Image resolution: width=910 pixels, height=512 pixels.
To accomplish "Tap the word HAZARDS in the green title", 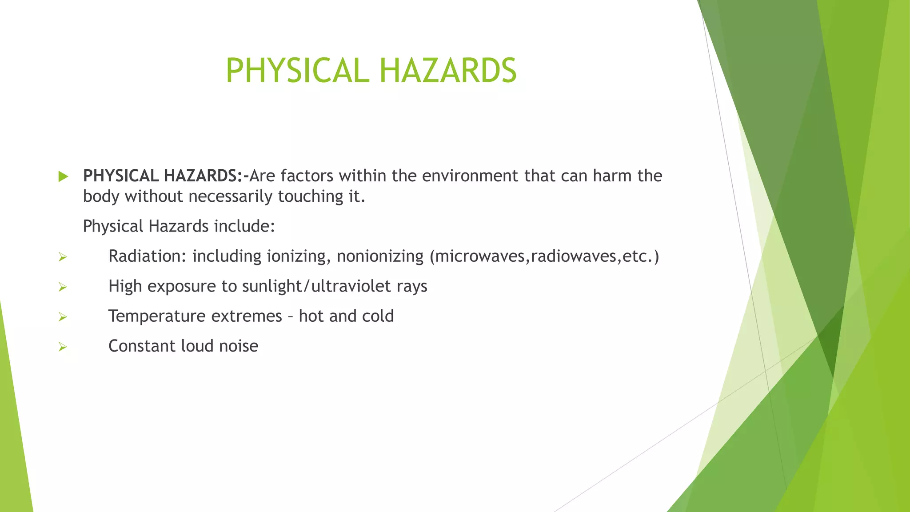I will (x=448, y=71).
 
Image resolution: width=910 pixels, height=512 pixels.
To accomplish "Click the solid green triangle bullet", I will (x=63, y=176).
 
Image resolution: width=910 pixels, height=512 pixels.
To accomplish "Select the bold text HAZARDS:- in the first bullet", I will (x=206, y=176).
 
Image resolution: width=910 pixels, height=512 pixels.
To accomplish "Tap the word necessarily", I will (x=230, y=196).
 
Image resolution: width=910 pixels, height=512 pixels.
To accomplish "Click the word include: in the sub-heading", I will (x=244, y=226).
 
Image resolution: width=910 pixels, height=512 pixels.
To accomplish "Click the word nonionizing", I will (x=380, y=256).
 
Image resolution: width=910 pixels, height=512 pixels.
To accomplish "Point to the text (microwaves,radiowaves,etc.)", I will (x=544, y=256).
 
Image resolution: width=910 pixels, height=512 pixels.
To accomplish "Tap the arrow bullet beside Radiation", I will (x=63, y=257).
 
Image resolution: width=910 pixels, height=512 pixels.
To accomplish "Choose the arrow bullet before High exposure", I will (x=63, y=287).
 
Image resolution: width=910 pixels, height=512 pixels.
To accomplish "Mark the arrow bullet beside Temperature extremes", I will (x=63, y=317).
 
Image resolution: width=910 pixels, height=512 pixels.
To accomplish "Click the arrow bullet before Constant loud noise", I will (x=63, y=347).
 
